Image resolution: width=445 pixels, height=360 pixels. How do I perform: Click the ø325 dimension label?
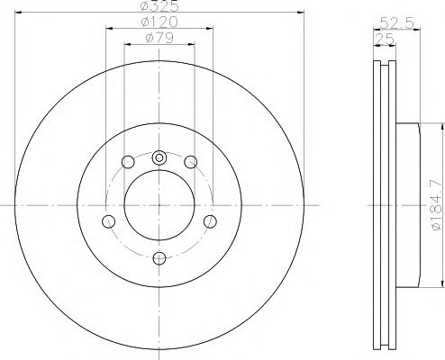[159, 6]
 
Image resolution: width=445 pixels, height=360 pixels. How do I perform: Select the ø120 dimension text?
[159, 22]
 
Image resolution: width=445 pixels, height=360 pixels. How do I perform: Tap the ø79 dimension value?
[159, 39]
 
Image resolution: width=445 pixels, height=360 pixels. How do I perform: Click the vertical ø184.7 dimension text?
[437, 206]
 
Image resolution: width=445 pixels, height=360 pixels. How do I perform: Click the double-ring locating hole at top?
[159, 157]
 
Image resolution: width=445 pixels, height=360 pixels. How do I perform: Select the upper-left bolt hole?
[128, 162]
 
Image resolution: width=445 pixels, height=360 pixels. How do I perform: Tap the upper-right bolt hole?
[190, 162]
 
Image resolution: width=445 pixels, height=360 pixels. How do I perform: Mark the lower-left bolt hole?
[109, 221]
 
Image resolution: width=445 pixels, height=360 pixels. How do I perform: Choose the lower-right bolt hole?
[210, 221]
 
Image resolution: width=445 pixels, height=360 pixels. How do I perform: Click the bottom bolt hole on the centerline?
[159, 258]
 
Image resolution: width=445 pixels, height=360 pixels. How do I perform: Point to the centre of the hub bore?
[159, 206]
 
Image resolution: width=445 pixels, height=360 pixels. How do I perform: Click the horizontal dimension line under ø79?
[159, 46]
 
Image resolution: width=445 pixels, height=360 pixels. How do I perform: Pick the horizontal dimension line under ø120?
[159, 30]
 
